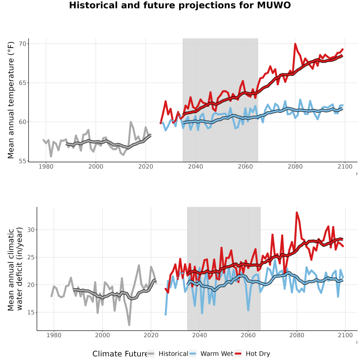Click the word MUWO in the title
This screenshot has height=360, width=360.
[x=274, y=5]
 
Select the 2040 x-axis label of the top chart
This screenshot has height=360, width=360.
[x=195, y=166]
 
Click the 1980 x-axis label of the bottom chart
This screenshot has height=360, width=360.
[x=54, y=335]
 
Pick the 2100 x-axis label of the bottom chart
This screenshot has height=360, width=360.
[x=345, y=335]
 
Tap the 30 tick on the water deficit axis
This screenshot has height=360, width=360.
[x=31, y=230]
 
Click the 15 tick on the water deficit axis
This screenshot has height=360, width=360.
[x=31, y=312]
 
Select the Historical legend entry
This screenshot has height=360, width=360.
[x=168, y=354]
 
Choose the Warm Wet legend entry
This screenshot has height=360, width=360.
[x=212, y=354]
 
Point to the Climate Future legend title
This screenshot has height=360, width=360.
[x=120, y=354]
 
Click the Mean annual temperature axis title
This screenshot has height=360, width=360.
[x=10, y=100]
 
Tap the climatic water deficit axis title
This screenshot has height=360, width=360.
[x=15, y=269]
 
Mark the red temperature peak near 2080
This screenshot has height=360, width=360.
[x=295, y=44]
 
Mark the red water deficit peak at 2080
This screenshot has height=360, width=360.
[x=297, y=213]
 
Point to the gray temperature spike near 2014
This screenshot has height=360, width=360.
[x=131, y=122]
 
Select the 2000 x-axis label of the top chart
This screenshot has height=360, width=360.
[x=96, y=166]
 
